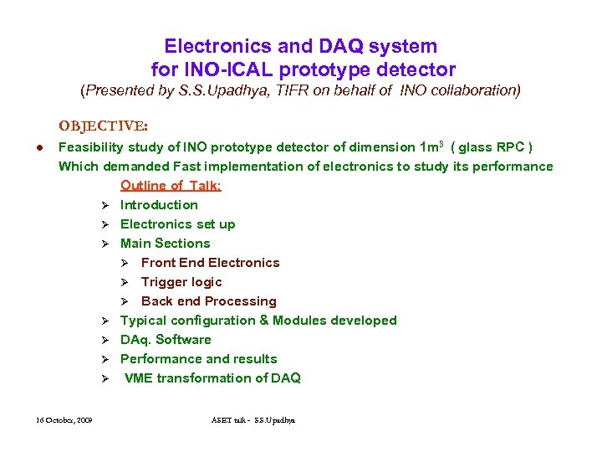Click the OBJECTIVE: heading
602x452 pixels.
coord(103,127)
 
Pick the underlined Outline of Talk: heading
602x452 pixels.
coord(171,186)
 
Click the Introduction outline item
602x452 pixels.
coord(159,205)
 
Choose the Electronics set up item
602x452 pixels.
coord(177,224)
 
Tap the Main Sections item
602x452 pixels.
coord(165,244)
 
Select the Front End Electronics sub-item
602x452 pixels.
coord(210,263)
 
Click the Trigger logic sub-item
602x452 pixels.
coord(181,282)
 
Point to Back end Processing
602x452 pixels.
coord(208,301)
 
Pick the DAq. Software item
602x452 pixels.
coord(166,340)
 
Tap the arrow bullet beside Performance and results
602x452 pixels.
coord(106,359)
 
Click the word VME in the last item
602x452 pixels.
coord(140,378)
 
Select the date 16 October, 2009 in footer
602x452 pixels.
coord(64,419)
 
